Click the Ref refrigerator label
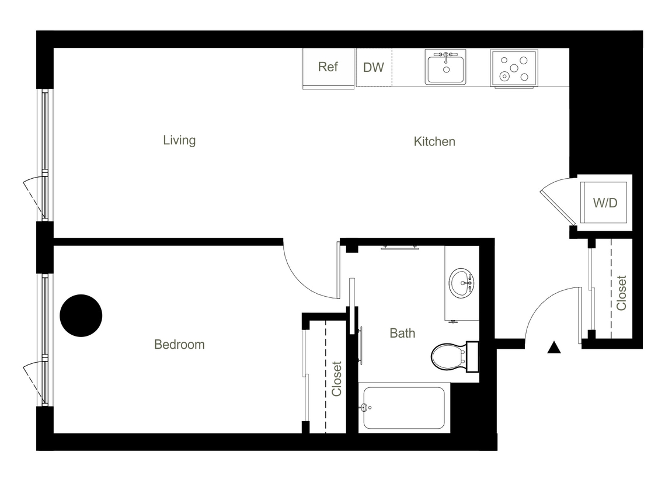pyautogui.click(x=328, y=67)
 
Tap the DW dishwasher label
pyautogui.click(x=374, y=67)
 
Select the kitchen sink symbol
pyautogui.click(x=445, y=68)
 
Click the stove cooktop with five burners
pyautogui.click(x=514, y=68)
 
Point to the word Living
pyautogui.click(x=179, y=140)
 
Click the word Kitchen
pyautogui.click(x=434, y=141)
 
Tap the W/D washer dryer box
pyautogui.click(x=605, y=203)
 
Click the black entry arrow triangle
pyautogui.click(x=554, y=349)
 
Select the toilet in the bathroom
pyautogui.click(x=450, y=356)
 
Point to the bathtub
pyautogui.click(x=403, y=408)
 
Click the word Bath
pyautogui.click(x=402, y=333)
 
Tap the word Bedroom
pyautogui.click(x=179, y=345)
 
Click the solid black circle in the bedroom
pyautogui.click(x=81, y=315)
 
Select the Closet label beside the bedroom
pyautogui.click(x=337, y=379)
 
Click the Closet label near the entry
pyautogui.click(x=621, y=293)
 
